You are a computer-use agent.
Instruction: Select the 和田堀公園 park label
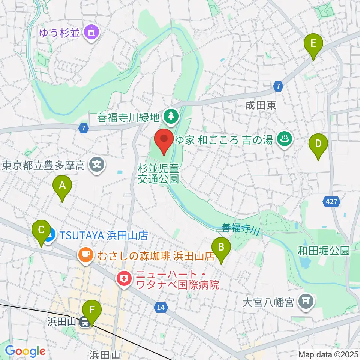click(324, 250)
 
